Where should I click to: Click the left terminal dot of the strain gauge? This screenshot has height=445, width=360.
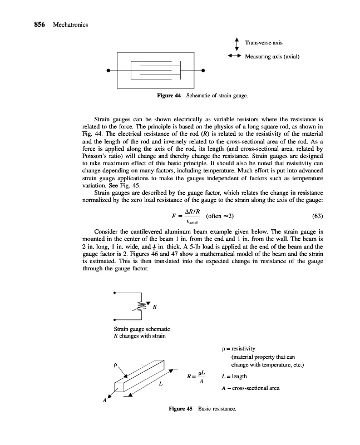click(x=110, y=71)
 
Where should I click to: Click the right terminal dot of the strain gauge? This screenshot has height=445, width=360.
click(x=204, y=71)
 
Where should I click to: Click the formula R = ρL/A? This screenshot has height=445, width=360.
click(x=195, y=378)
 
